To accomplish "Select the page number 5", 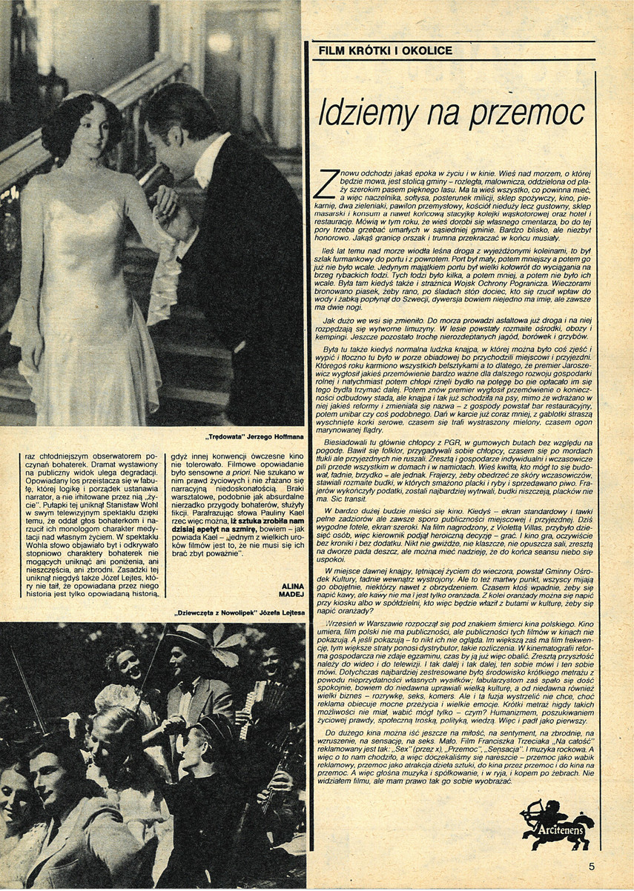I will [592, 865].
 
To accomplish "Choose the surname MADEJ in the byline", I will [288, 593].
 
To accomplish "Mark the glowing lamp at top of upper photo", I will [219, 43].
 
